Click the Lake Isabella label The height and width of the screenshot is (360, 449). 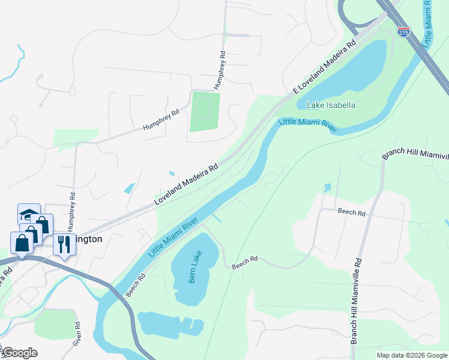coord(331,105)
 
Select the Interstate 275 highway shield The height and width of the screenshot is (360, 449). coord(404,32)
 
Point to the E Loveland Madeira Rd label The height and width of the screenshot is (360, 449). coord(324,66)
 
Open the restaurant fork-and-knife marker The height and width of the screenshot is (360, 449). coord(65,244)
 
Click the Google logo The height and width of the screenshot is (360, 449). coord(19,353)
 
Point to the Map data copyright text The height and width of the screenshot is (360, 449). coord(412,355)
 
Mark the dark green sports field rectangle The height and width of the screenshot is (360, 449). coord(205,112)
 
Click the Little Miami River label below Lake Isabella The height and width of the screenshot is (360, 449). coord(308,125)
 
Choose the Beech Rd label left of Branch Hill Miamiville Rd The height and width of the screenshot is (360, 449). coord(351,212)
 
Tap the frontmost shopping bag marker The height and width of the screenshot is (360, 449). coord(22,244)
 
